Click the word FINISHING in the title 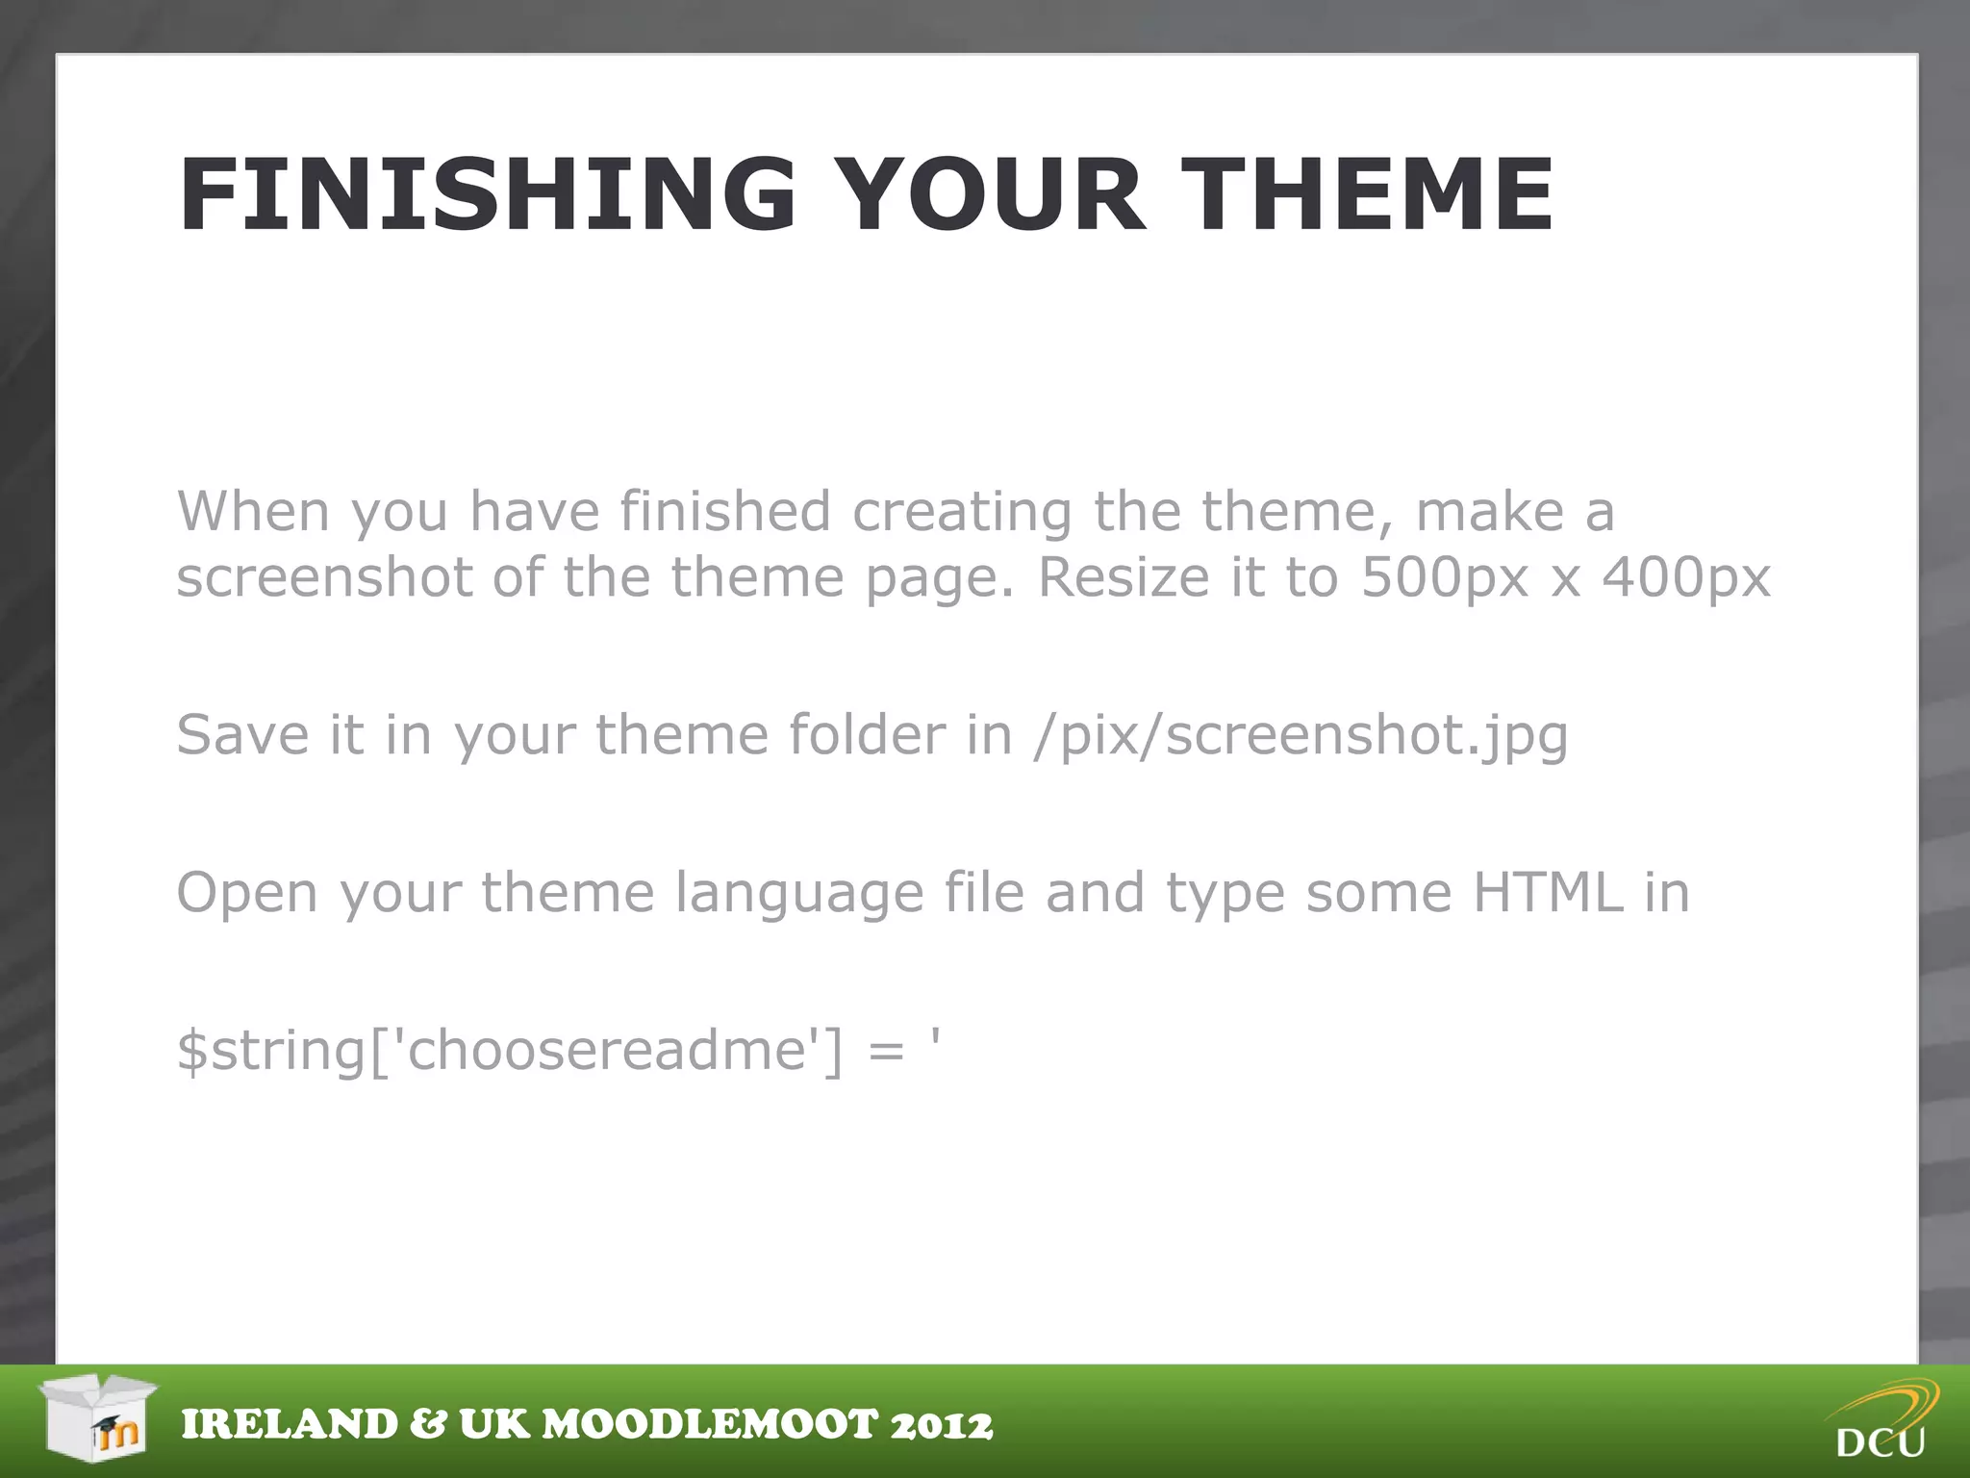[486, 195]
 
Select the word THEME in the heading [1366, 195]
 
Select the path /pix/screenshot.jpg [1301, 736]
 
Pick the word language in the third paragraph [798, 894]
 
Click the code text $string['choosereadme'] [510, 1050]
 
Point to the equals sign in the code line [886, 1051]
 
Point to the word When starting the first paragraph [253, 511]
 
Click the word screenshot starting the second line [324, 577]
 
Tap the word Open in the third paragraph [246, 894]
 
